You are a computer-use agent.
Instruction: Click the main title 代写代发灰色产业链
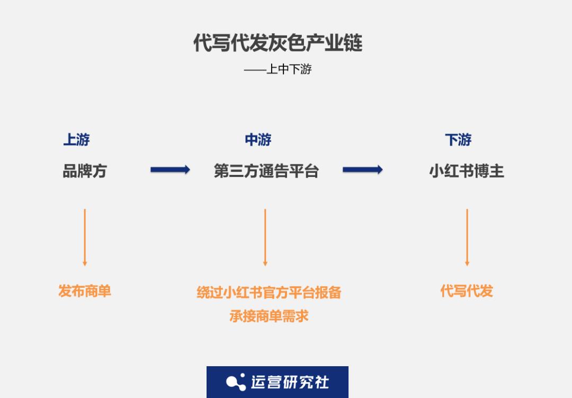(278, 43)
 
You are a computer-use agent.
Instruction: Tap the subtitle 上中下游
(289, 69)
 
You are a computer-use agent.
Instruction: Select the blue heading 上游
(76, 139)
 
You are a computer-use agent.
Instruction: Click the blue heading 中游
(258, 139)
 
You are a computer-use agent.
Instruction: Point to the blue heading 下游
(458, 139)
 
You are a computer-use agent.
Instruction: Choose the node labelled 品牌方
(85, 171)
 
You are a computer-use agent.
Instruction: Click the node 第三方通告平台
(266, 171)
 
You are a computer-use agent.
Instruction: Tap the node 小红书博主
(467, 171)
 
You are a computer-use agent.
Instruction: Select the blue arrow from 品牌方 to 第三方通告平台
(171, 170)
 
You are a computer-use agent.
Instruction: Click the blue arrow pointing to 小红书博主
(363, 170)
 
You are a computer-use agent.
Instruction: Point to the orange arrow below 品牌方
(85, 237)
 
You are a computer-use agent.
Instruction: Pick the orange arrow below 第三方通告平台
(265, 237)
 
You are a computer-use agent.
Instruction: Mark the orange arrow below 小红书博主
(467, 237)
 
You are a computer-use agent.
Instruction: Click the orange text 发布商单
(85, 291)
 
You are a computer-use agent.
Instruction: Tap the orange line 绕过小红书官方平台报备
(269, 293)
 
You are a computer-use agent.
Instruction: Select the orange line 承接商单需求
(269, 316)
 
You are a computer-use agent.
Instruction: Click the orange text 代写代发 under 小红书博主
(467, 291)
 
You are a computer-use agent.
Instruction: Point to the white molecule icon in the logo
(236, 382)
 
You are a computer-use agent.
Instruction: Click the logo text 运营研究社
(290, 382)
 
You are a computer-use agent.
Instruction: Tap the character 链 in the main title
(353, 43)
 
